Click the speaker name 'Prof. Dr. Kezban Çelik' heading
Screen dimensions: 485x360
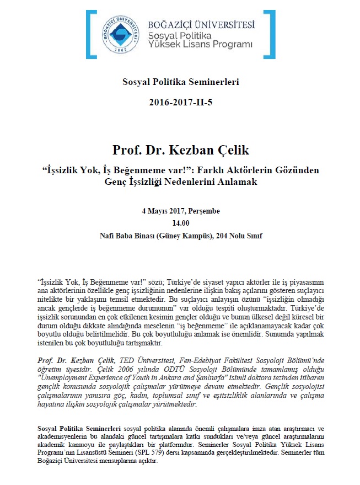tap(180, 150)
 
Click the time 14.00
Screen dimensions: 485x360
tap(180, 223)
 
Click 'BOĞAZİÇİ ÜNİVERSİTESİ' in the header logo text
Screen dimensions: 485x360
tap(201, 24)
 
